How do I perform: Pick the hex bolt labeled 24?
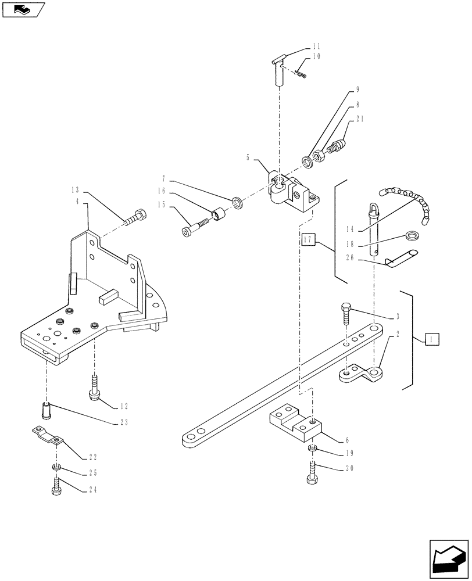coord(57,487)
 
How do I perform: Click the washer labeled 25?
coord(57,468)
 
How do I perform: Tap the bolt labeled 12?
coord(95,389)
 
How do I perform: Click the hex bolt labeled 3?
coord(346,314)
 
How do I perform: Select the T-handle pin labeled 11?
coord(278,67)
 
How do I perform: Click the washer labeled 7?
coord(238,202)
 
